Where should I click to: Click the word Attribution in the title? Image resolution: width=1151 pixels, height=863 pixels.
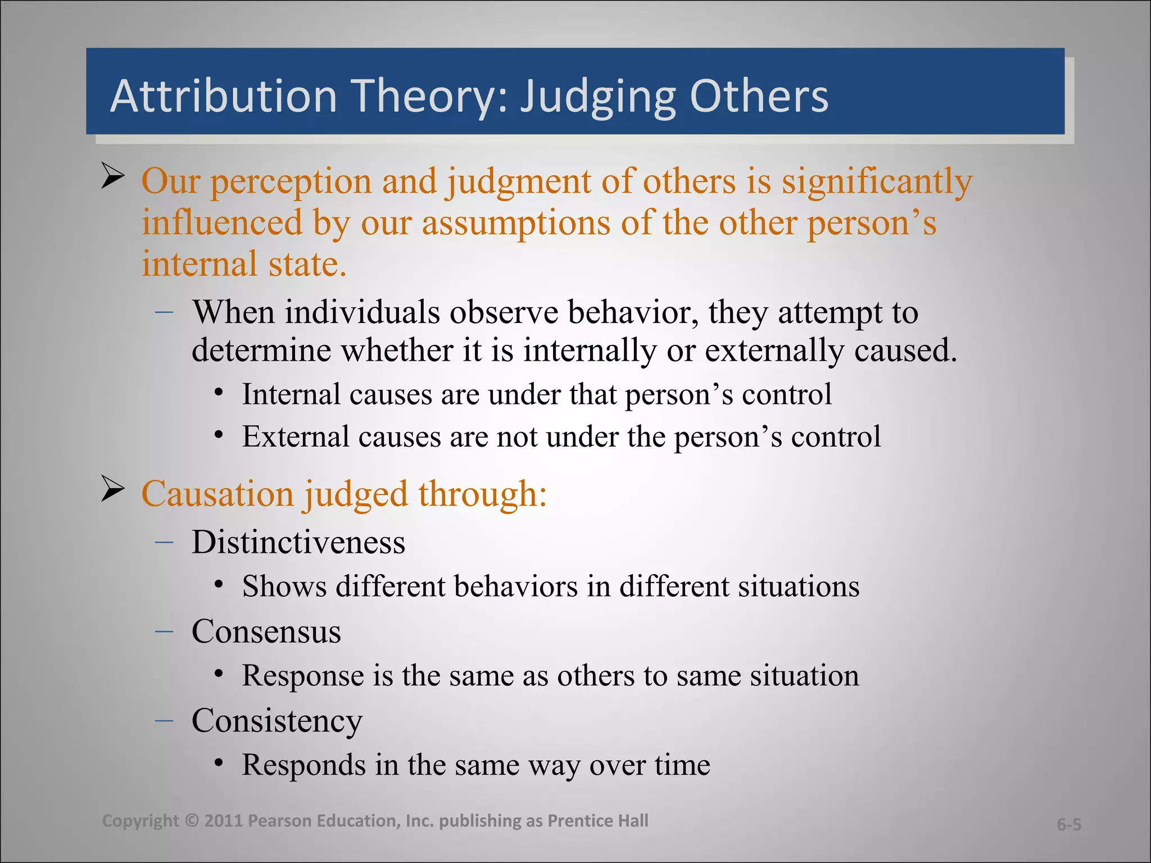click(x=223, y=96)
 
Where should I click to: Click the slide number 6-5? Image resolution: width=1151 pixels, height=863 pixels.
click(x=1068, y=824)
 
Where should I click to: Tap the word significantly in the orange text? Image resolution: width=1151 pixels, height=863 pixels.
click(x=877, y=182)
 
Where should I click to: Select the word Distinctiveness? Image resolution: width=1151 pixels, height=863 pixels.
click(x=298, y=543)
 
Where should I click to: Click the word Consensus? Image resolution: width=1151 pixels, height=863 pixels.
click(x=266, y=632)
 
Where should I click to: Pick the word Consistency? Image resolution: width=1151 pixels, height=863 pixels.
click(x=277, y=721)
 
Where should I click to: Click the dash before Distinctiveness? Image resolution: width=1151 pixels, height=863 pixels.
click(x=164, y=542)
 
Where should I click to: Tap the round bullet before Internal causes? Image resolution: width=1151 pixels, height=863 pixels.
click(x=219, y=392)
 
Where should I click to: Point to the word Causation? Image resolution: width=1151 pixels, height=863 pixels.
click(x=217, y=494)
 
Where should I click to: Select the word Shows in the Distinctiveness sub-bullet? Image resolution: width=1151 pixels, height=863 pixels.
click(x=284, y=587)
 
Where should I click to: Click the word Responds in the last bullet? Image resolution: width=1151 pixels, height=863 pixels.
click(x=303, y=765)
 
